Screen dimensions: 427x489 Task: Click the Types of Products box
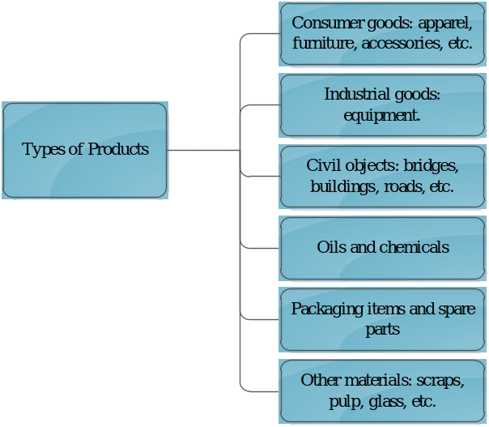tap(85, 150)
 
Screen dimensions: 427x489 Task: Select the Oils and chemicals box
tap(382, 247)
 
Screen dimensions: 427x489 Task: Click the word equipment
tap(381, 115)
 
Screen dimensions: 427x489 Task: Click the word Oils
tap(330, 247)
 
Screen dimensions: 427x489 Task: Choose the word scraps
tap(436, 380)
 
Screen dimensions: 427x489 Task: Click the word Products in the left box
tap(118, 150)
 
